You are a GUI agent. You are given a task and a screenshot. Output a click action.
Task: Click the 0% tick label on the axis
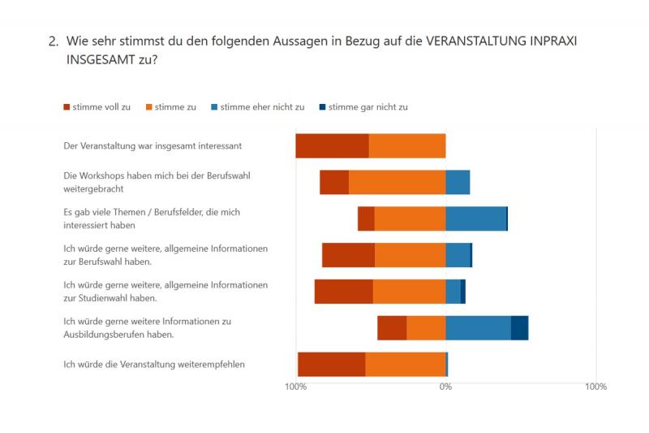(x=445, y=387)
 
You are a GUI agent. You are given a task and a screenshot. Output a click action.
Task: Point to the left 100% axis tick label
(x=295, y=387)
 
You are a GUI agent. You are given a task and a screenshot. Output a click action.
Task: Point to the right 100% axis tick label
(x=595, y=387)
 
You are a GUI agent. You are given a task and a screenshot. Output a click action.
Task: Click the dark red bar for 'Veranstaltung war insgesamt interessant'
(x=332, y=146)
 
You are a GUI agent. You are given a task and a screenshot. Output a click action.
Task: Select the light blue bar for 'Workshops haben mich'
(x=458, y=182)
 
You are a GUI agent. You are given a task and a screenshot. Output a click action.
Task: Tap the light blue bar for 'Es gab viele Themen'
(x=475, y=219)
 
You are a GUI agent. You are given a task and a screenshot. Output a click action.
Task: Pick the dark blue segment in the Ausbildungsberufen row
(x=519, y=327)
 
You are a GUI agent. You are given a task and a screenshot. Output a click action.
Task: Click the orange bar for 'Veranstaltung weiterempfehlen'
(x=406, y=364)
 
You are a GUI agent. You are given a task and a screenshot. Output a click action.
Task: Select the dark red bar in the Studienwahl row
(x=343, y=292)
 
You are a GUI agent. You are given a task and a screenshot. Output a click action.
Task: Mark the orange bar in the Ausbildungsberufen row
(x=426, y=327)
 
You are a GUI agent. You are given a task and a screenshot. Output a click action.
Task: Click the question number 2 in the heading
(x=53, y=41)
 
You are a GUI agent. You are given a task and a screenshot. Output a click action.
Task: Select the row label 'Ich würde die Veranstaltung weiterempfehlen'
(x=154, y=364)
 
